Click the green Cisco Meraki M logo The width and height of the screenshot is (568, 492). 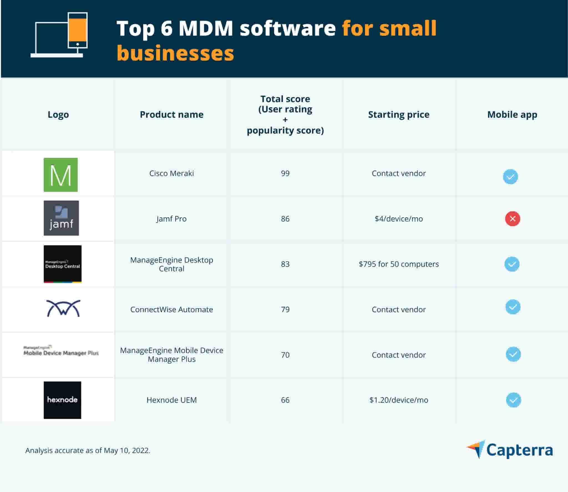[x=60, y=175]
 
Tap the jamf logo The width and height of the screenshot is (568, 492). [x=61, y=218]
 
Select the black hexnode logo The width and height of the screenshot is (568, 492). [x=62, y=400]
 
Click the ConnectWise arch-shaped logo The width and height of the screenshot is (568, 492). [x=63, y=308]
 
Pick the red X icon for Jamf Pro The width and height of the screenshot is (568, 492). [x=512, y=219]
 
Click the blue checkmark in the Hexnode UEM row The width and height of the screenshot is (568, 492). [x=513, y=400]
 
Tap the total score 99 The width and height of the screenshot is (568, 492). [x=285, y=173]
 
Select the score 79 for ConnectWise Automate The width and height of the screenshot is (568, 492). [x=285, y=309]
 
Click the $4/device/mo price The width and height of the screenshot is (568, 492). [x=399, y=219]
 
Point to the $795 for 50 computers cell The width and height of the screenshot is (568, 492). [x=399, y=264]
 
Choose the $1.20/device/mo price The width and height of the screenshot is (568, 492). [x=399, y=400]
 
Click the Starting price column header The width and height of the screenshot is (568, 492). [x=399, y=114]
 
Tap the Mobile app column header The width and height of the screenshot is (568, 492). [x=512, y=114]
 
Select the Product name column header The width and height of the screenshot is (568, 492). [x=171, y=114]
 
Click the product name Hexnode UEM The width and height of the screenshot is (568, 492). [x=171, y=400]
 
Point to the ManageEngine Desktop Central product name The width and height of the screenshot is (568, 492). [x=171, y=264]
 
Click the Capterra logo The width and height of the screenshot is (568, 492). [x=510, y=450]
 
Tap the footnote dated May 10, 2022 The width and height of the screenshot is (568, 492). [x=88, y=450]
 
